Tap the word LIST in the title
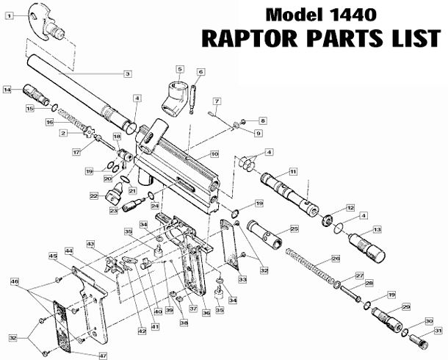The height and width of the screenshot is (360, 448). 414,37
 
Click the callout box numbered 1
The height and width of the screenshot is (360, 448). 9,15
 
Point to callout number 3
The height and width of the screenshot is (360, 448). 127,73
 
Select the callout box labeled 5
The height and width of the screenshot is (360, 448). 179,69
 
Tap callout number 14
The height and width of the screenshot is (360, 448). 7,90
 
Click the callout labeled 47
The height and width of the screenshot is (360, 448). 93,355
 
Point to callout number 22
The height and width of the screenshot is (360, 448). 94,196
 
